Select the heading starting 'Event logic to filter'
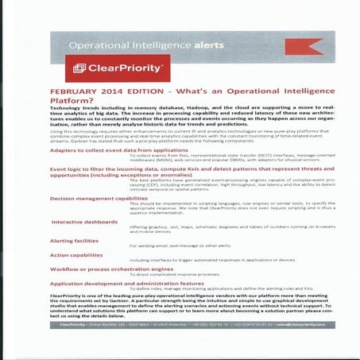tap(159, 169)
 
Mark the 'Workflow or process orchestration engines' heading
tap(111, 270)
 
